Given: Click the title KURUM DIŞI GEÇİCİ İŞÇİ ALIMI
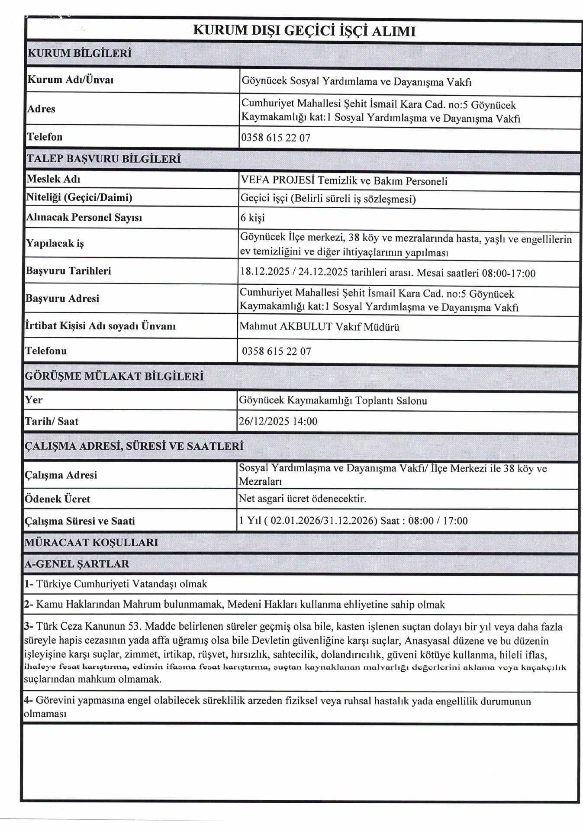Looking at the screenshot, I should pyautogui.click(x=304, y=31).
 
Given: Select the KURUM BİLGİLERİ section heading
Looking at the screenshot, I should pyautogui.click(x=79, y=54).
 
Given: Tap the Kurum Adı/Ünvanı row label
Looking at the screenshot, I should pyautogui.click(x=70, y=80).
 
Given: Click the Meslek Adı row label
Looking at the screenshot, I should pyautogui.click(x=53, y=179).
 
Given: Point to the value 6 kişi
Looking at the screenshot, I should pyautogui.click(x=252, y=218).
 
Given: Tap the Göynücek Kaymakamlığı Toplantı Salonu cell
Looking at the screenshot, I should pyautogui.click(x=333, y=401).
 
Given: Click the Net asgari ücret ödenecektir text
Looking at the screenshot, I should pyautogui.click(x=303, y=499).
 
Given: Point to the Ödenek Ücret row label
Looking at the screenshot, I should pyautogui.click(x=58, y=499).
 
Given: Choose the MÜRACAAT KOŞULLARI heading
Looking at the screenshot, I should pyautogui.click(x=91, y=543).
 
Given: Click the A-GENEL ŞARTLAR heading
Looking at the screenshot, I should pyautogui.click(x=77, y=564).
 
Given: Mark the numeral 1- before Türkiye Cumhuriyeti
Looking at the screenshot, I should pyautogui.click(x=29, y=584).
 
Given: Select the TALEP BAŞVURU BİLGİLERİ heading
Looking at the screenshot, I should pyautogui.click(x=103, y=159).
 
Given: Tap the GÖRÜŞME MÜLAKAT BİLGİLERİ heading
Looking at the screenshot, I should pyautogui.click(x=114, y=376).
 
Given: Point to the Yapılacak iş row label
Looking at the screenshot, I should pyautogui.click(x=55, y=243).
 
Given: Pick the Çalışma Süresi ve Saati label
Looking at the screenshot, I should pyautogui.click(x=80, y=521).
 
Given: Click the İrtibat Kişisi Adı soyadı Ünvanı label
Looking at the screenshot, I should pyautogui.click(x=100, y=326).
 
